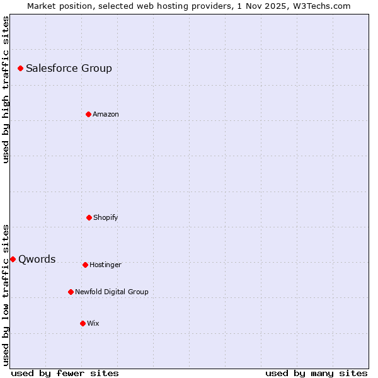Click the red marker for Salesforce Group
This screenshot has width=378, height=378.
20,68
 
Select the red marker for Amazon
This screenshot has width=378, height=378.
88,114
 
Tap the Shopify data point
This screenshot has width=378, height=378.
89,217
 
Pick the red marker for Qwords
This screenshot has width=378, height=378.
13,259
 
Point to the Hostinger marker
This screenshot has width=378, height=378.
85,265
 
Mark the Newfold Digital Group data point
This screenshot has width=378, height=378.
71,292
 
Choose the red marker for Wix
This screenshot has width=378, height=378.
83,323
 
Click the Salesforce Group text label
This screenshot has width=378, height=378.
69,68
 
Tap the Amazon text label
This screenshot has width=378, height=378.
106,114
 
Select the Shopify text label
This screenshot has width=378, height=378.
106,217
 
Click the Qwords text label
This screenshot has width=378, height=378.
37,259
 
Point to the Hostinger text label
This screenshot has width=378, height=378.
105,265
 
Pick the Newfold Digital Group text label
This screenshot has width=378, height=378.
112,292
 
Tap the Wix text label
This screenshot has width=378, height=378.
93,323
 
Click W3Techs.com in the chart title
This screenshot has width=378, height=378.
320,6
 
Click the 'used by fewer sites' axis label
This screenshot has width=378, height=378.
65,373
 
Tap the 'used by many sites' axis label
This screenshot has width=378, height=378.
316,373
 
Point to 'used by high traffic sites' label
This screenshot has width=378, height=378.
6,89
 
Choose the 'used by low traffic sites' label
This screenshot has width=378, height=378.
6,294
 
